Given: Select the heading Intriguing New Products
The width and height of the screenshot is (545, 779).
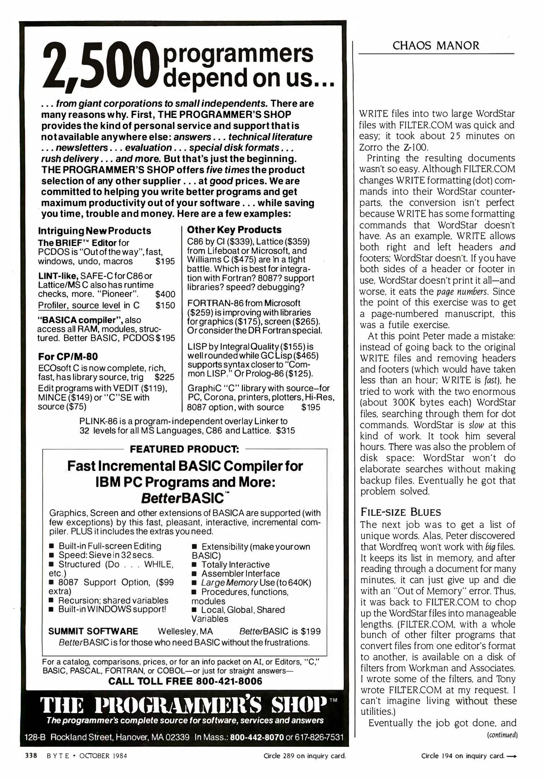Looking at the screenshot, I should point(94,231).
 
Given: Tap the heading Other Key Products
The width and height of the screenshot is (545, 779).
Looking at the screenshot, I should point(234,230).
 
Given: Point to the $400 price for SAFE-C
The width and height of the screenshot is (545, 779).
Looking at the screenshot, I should point(165,294).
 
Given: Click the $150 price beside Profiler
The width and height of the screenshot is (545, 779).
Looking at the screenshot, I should point(165,305).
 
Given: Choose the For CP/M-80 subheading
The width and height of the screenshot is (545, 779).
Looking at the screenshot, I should point(68,357).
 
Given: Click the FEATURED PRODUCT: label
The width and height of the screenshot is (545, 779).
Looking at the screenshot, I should point(184,449).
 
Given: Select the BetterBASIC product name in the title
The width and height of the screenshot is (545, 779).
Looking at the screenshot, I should point(184,498).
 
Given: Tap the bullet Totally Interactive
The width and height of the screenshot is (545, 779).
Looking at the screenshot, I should point(235,564).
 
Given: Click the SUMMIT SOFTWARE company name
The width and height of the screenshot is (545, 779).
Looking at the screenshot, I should point(93,631).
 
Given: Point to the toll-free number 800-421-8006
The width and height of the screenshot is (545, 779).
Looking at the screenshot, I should point(229,681).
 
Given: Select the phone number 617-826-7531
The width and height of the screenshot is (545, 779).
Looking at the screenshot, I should point(320,737).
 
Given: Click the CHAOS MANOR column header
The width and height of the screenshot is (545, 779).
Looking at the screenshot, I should point(436,46).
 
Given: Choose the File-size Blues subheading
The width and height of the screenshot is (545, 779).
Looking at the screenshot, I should point(400,512).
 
